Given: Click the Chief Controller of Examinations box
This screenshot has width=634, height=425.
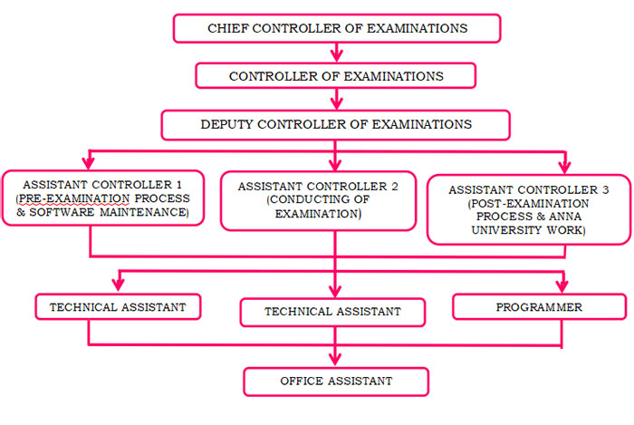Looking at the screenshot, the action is click(337, 28).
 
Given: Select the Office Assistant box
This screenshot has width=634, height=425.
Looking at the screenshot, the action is click(336, 382).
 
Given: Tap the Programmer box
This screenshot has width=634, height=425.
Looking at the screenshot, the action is click(540, 307).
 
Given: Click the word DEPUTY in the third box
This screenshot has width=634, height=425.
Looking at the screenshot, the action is click(226, 124).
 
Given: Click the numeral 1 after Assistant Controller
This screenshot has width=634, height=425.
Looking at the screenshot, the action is click(179, 185).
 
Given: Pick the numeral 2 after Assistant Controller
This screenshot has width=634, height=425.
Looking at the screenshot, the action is click(395, 187).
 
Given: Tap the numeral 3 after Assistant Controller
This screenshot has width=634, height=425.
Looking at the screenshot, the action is click(605, 189).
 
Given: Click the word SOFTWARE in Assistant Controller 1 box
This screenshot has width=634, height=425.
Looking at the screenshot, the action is click(62, 212).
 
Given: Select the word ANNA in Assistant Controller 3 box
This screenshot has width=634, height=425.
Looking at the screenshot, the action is click(565, 217).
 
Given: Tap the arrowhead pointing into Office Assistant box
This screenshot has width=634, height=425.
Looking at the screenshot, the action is click(335, 360).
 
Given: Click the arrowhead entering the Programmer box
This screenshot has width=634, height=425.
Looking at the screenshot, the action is click(562, 286).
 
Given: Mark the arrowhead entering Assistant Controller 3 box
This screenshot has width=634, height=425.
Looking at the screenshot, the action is click(565, 167).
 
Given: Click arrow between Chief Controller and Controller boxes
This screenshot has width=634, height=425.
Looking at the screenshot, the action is click(336, 53).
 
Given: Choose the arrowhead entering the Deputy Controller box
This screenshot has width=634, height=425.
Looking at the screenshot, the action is click(336, 103).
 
